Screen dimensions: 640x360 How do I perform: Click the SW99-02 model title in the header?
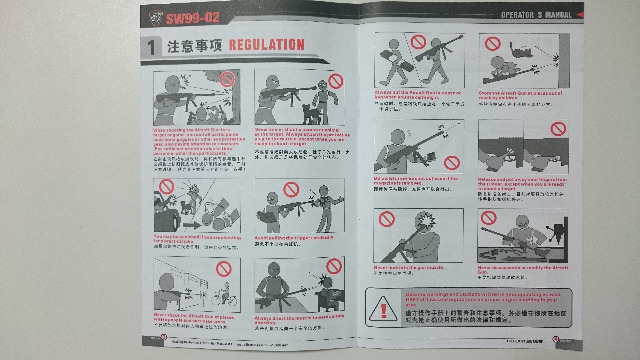click(x=193, y=18)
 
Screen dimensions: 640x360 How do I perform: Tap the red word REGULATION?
click(x=267, y=45)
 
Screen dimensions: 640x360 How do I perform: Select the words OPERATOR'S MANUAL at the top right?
click(x=536, y=14)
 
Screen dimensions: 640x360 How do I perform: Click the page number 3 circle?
click(x=164, y=337)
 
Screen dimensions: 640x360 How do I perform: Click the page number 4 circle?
click(x=556, y=339)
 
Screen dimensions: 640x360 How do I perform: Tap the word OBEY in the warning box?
click(x=412, y=299)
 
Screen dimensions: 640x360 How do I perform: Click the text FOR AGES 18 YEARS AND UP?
click(x=525, y=341)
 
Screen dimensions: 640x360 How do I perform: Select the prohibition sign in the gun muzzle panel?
click(x=386, y=219)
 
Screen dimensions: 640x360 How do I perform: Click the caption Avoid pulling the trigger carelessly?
click(x=294, y=238)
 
